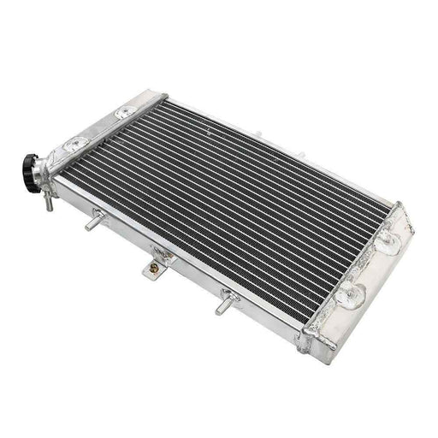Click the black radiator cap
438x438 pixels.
pos(36,163)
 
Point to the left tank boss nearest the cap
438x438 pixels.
pos(80,141)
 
